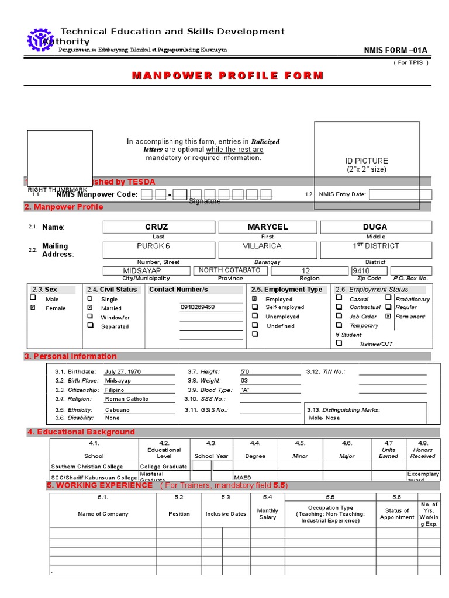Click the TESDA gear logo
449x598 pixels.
[40, 39]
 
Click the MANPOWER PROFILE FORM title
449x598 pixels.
[227, 75]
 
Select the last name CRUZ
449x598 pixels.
[157, 227]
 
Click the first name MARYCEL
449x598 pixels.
[267, 227]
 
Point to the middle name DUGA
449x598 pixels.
[375, 227]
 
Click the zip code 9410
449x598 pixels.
[361, 271]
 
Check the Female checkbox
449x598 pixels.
[33, 307]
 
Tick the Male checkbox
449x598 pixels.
[33, 298]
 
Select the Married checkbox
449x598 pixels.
[89, 307]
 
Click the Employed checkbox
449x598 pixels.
[254, 298]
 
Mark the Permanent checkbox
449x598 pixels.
[388, 316]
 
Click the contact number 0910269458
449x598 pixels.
[198, 307]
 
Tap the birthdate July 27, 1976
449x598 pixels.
[123, 371]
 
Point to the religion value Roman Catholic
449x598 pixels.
[126, 399]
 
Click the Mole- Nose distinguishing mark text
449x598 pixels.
[324, 418]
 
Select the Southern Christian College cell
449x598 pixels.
[87, 467]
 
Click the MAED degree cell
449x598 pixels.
[243, 477]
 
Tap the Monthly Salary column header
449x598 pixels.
[268, 514]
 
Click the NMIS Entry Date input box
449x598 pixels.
[400, 194]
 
